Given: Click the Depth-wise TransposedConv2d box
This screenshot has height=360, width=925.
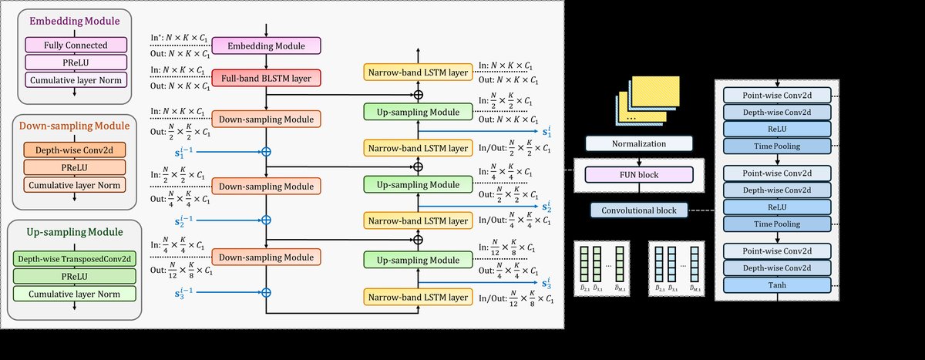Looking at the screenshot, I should pos(74,259).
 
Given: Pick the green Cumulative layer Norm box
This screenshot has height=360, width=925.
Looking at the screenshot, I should pos(74,293).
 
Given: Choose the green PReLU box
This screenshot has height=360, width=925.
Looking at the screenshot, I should pos(74,276).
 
